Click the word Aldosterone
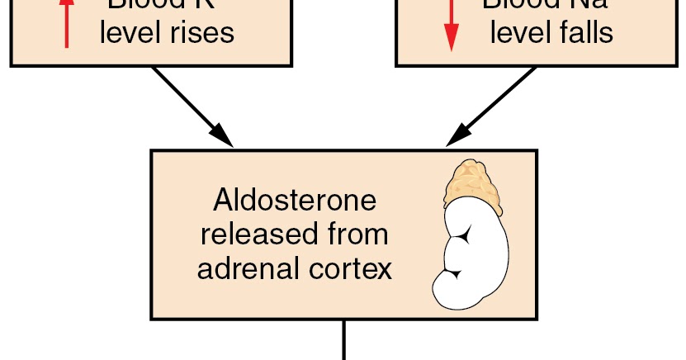click(x=294, y=201)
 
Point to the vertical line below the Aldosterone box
click(x=343, y=340)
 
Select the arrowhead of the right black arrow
click(x=457, y=137)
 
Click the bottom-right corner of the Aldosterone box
click(x=537, y=318)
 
